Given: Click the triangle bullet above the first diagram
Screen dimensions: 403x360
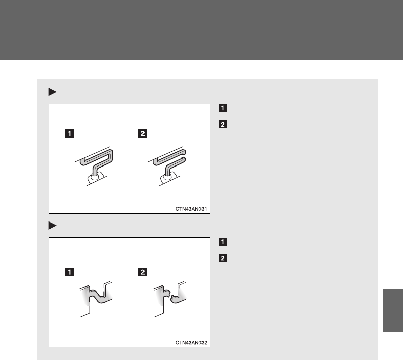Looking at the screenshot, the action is [52, 92].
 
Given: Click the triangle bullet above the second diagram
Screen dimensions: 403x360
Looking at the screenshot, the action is [52, 226].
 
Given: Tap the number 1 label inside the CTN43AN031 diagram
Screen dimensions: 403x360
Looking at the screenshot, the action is [69, 134].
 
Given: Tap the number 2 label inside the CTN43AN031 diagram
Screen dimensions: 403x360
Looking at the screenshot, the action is [142, 134].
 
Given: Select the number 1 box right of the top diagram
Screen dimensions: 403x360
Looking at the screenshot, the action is [223, 108].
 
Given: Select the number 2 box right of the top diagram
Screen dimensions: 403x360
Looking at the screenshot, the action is [223, 124].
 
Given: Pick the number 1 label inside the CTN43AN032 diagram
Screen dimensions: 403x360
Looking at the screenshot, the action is [69, 272].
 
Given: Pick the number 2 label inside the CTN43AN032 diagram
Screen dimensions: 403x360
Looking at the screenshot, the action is [142, 272].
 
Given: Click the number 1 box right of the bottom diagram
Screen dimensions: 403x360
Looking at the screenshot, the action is [223, 242].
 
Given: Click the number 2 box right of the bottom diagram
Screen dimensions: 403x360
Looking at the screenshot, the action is [223, 258].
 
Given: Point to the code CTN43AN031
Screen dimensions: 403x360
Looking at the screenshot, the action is [191, 209].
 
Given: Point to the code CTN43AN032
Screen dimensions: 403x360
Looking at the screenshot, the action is [191, 343].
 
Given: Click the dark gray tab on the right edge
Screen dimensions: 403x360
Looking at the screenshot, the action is [393, 311].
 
